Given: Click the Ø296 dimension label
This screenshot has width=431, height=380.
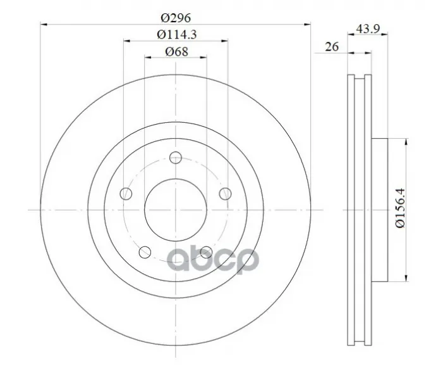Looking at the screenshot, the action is (176, 18).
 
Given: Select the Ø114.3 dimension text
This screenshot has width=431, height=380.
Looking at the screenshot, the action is (177, 35).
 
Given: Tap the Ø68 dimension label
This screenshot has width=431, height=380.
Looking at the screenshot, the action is (177, 51).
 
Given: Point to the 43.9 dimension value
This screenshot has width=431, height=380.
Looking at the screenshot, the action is (368, 28).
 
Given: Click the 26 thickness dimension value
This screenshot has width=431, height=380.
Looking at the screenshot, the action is (332, 47).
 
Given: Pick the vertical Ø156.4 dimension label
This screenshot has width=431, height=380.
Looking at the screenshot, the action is (401, 208).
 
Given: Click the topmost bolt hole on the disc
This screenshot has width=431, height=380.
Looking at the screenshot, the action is (176, 158).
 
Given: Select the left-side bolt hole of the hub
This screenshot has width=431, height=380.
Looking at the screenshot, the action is (126, 194).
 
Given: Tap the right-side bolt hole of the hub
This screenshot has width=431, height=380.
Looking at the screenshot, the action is (226, 194).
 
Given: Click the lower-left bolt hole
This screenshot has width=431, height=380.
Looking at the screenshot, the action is (145, 252).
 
